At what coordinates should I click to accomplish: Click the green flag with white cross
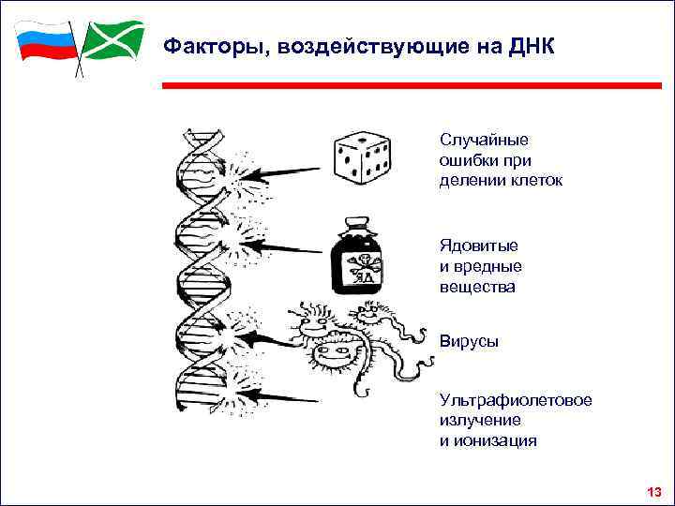pos(112,39)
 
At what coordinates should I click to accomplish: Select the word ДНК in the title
pos(532,45)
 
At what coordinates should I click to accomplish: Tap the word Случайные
pos(484,140)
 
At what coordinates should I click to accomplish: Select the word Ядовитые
pos(479,246)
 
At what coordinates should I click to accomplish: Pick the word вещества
pos(477,287)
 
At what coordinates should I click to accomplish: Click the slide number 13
pos(653,492)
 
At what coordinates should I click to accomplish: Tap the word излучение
pos(480,420)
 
